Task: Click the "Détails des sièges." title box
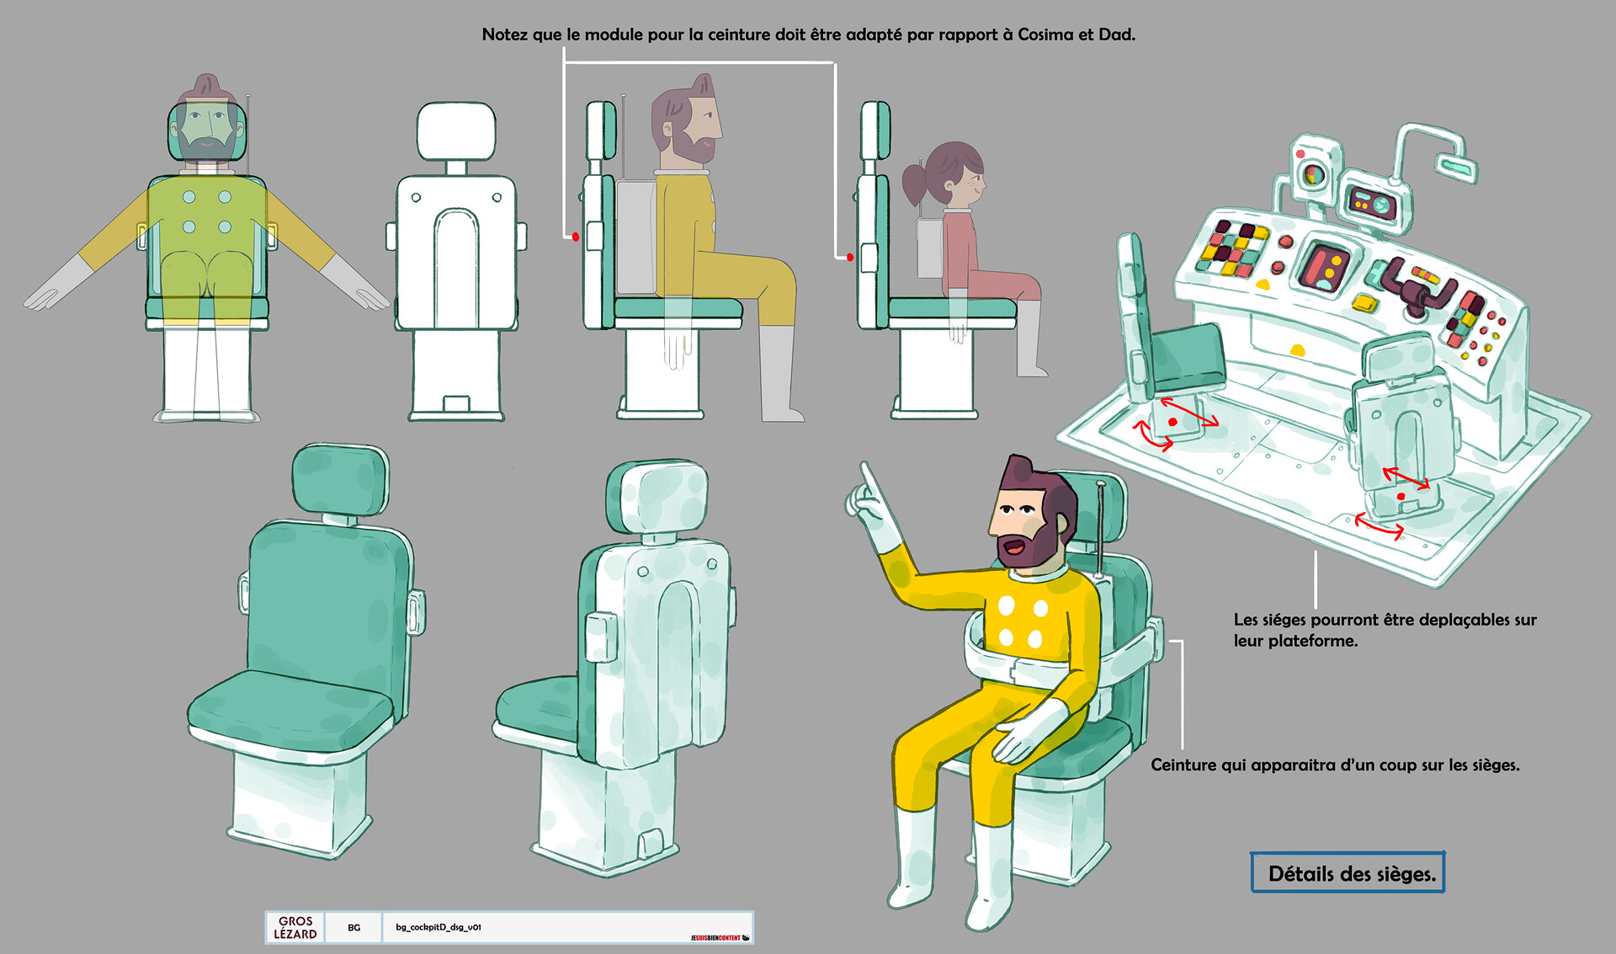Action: tap(1348, 873)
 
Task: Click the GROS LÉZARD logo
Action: tap(295, 927)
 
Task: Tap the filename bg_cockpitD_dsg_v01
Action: tap(438, 927)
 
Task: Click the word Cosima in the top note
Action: tap(1045, 35)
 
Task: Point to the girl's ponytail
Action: tap(915, 181)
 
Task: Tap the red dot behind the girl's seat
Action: tap(850, 257)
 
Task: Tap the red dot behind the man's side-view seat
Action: tap(576, 237)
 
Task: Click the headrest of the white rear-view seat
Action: tap(456, 131)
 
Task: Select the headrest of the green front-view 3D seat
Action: tap(341, 480)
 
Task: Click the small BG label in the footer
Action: tap(353, 927)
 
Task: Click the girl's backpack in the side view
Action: tap(930, 248)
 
